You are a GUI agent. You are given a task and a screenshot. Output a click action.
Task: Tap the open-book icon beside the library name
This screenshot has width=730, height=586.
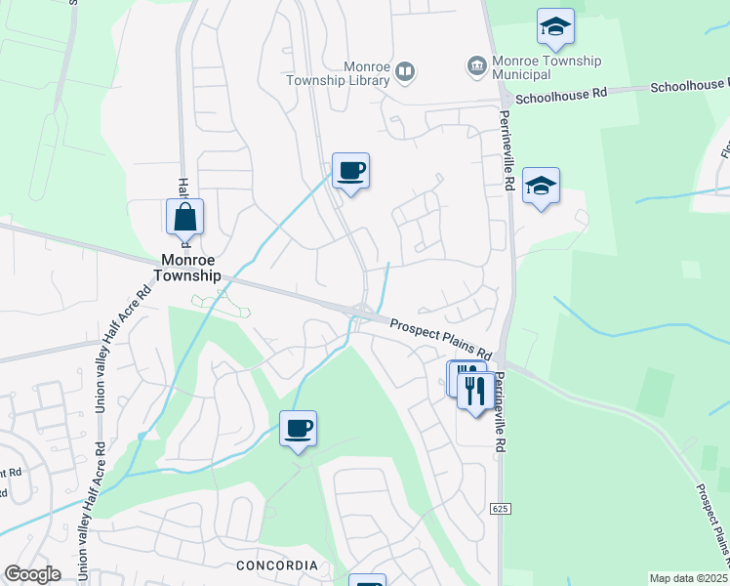(405, 70)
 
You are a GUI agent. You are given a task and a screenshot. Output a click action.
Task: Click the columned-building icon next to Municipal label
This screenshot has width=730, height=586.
(476, 65)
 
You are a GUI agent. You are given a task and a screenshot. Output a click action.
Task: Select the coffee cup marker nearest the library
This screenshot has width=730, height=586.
(350, 171)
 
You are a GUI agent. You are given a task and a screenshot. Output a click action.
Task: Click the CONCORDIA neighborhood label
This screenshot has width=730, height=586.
(276, 565)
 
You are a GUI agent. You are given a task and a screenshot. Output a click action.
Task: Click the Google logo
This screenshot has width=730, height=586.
(31, 574)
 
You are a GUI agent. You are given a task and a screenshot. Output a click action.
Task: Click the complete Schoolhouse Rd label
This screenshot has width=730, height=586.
(561, 95)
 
